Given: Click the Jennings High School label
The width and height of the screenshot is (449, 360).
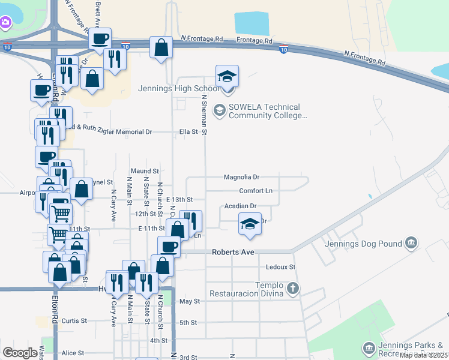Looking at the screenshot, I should (178, 89).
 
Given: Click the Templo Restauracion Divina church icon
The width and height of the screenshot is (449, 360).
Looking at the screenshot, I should (292, 289).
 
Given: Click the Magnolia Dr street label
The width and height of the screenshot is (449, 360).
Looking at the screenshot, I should (241, 177).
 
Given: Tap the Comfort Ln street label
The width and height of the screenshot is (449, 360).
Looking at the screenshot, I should (256, 191).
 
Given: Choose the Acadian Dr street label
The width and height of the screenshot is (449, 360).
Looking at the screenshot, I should (240, 206).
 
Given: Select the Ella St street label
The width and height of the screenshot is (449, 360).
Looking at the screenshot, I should (189, 131).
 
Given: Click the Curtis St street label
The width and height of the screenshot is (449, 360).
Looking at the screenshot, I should (74, 321).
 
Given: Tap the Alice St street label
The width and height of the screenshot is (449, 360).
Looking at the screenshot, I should (73, 353).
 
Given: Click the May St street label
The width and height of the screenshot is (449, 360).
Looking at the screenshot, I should (189, 301).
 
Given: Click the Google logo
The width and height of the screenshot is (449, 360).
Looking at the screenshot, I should (20, 353).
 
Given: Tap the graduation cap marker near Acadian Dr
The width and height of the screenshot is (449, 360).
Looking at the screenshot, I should (250, 224).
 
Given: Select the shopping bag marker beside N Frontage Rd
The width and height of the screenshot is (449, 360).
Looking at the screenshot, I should (161, 48).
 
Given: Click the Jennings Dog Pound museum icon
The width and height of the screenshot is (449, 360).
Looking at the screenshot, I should (411, 244).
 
